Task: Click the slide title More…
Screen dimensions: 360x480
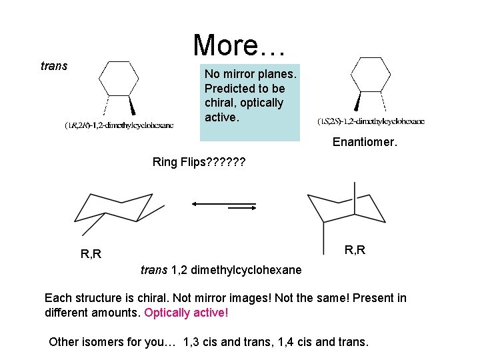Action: [239, 45]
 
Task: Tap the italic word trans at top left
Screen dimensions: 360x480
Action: [54, 66]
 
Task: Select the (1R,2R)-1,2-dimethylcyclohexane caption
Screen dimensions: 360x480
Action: [119, 125]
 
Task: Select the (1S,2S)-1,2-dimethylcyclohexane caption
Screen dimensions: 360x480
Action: [371, 121]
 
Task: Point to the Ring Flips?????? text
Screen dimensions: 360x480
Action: [199, 162]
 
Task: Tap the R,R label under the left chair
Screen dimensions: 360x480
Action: [91, 254]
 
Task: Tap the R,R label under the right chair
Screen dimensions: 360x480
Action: [355, 250]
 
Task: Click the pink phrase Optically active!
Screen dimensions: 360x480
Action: [186, 313]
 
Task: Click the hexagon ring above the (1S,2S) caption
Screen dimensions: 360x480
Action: [370, 73]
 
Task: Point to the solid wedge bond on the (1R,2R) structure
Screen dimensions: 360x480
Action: [132, 105]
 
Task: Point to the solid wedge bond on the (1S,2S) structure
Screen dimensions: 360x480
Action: [358, 101]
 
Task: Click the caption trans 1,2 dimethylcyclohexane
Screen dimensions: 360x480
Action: [221, 271]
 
